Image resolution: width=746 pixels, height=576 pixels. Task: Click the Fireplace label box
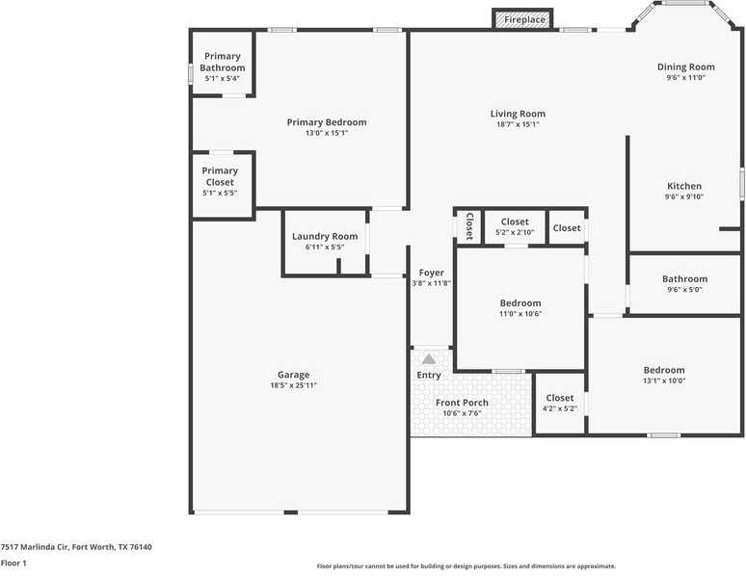coord(523,19)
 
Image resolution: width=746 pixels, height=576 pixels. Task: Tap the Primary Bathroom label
coord(222,63)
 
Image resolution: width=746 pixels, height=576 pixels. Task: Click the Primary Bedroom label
coord(327,122)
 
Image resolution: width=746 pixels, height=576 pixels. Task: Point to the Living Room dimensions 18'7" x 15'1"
coord(518,124)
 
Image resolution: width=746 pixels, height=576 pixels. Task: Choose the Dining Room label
coord(685,66)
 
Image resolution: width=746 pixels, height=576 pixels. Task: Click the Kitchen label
coord(684,186)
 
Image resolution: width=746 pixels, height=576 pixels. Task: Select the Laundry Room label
coord(325,236)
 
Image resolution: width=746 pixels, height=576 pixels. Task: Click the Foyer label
coord(431,273)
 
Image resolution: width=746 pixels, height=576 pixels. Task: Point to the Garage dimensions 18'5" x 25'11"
coord(294,385)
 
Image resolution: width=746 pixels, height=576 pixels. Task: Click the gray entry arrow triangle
coord(429,358)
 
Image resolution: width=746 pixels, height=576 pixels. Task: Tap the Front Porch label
coord(462,403)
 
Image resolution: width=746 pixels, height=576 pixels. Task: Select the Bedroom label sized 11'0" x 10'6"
coord(520,302)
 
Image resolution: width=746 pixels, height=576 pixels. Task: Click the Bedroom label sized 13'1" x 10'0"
coord(664,370)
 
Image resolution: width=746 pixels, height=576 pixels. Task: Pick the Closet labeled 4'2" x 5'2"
coord(560,398)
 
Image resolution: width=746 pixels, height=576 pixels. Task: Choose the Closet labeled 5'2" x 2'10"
coord(515,222)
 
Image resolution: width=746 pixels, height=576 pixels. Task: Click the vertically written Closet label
coord(469,226)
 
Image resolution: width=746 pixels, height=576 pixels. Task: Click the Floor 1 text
coord(13,563)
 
